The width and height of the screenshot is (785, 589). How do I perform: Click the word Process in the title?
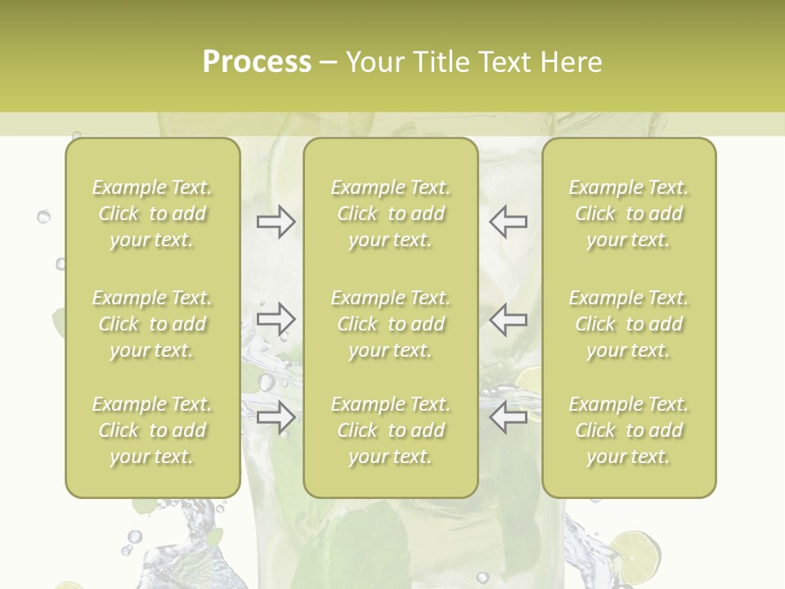click(x=257, y=62)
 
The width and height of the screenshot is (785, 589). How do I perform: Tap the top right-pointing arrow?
click(x=276, y=222)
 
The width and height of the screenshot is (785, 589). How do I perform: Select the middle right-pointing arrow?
click(x=276, y=319)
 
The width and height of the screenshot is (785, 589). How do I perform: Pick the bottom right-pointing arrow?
click(x=276, y=417)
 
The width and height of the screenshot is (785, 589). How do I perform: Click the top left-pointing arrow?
click(x=508, y=222)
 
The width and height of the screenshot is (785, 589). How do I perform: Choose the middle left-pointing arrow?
click(x=508, y=319)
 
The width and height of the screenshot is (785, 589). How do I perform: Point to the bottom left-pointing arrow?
click(x=508, y=417)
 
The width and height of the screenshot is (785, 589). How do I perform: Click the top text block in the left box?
click(x=152, y=214)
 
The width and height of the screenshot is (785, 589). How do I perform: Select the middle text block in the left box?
click(x=152, y=324)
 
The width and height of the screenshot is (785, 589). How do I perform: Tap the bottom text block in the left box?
click(x=152, y=430)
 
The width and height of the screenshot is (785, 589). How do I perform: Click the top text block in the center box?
click(x=391, y=214)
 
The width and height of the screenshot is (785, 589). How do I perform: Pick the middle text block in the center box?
click(x=391, y=324)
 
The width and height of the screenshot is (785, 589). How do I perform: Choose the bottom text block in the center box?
click(x=391, y=430)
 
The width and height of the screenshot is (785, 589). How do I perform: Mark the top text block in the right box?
click(x=629, y=214)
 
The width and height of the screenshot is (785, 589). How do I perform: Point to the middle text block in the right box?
click(x=629, y=324)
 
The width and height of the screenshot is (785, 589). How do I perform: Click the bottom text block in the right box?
click(x=629, y=430)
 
